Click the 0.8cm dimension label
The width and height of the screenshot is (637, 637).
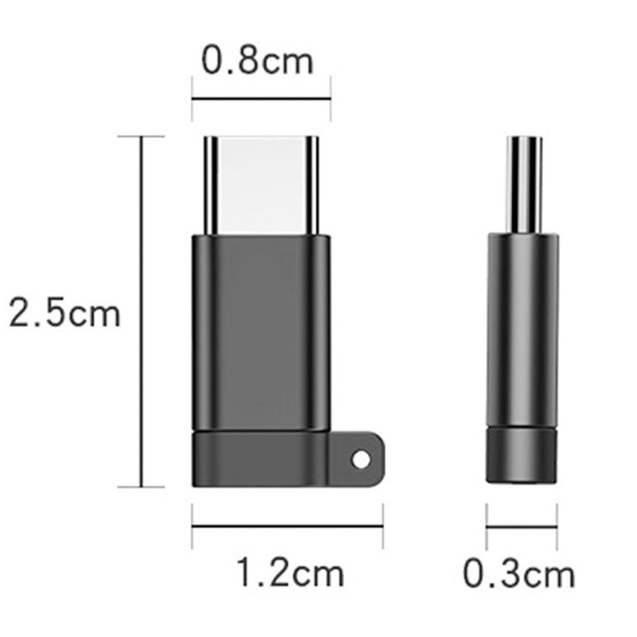click(257, 62)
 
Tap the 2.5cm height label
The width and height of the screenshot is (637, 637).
click(64, 314)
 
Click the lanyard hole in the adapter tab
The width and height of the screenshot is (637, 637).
click(361, 459)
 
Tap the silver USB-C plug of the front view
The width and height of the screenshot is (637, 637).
click(261, 185)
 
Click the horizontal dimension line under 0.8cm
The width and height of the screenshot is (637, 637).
click(261, 99)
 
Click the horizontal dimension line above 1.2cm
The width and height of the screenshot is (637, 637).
click(287, 526)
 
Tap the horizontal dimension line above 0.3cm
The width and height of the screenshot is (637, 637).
click(522, 526)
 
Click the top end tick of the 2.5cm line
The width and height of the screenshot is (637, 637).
click(141, 136)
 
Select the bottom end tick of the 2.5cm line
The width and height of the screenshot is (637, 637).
click(141, 487)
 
